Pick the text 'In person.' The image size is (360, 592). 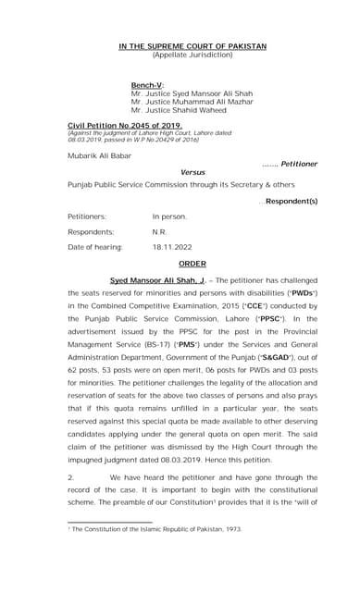point(169,216)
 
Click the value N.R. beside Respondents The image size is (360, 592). point(160,232)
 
